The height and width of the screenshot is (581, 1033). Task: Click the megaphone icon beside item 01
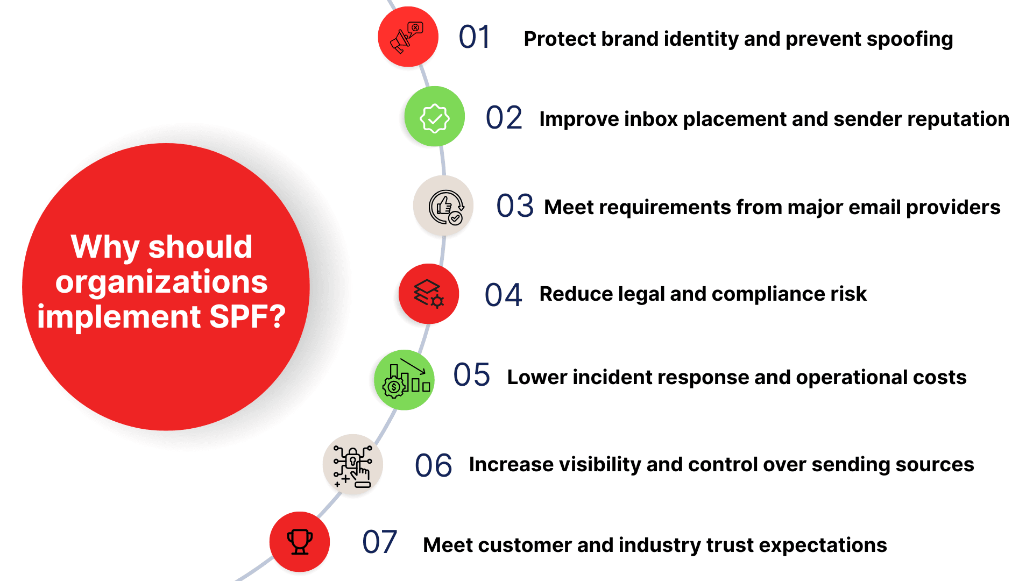407,38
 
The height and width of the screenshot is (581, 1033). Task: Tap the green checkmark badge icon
435,118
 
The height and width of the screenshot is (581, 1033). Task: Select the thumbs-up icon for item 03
446,207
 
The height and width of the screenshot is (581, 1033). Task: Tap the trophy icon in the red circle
300,542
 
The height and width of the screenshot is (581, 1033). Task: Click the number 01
474,38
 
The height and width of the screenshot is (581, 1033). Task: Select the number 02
504,118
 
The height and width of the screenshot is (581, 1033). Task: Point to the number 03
515,206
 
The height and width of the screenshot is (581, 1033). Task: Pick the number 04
503,295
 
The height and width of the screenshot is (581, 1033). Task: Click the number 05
471,375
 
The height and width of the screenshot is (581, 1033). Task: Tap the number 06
433,466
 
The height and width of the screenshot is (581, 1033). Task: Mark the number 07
379,542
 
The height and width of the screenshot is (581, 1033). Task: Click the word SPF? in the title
247,317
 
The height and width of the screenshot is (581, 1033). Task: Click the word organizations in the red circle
161,282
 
